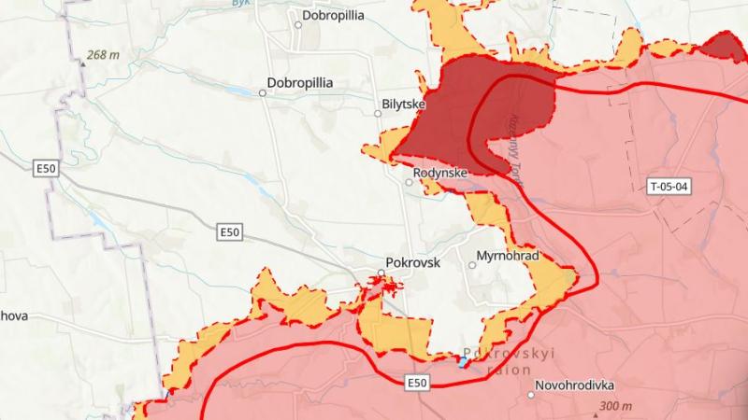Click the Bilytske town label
(x=405, y=105)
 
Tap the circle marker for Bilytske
(x=379, y=114)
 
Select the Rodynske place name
(x=440, y=173)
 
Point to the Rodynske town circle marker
(x=409, y=182)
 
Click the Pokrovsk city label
(x=412, y=263)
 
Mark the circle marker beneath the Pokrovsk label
(x=381, y=273)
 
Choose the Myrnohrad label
(x=511, y=255)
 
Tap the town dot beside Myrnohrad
(x=472, y=265)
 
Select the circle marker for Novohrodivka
(x=531, y=395)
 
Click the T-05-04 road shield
(x=669, y=187)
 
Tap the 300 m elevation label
(x=614, y=407)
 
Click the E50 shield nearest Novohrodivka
(x=417, y=383)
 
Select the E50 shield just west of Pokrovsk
(x=229, y=231)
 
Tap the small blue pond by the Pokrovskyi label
(x=464, y=362)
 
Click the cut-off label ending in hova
(x=14, y=315)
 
